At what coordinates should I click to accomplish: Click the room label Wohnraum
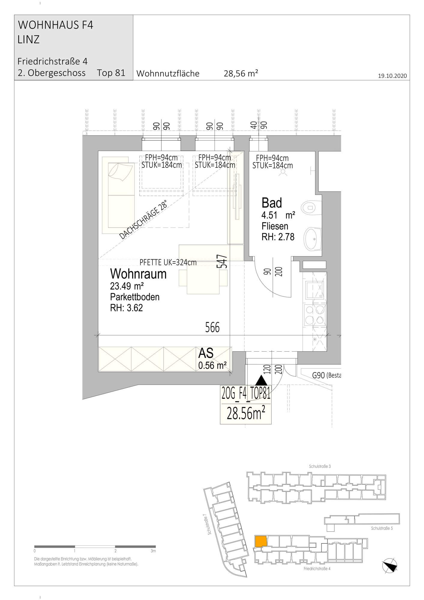pyautogui.click(x=138, y=274)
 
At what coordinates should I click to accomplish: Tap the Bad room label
pyautogui.click(x=272, y=203)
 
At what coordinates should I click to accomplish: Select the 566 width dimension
pyautogui.click(x=212, y=327)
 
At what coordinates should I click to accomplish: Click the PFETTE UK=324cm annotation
pyautogui.click(x=168, y=262)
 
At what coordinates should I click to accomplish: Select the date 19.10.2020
pyautogui.click(x=392, y=76)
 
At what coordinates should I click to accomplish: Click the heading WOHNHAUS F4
pyautogui.click(x=56, y=25)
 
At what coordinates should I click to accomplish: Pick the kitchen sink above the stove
pyautogui.click(x=315, y=290)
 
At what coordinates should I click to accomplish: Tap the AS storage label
pyautogui.click(x=206, y=353)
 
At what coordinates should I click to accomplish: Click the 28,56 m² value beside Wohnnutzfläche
pyautogui.click(x=241, y=73)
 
